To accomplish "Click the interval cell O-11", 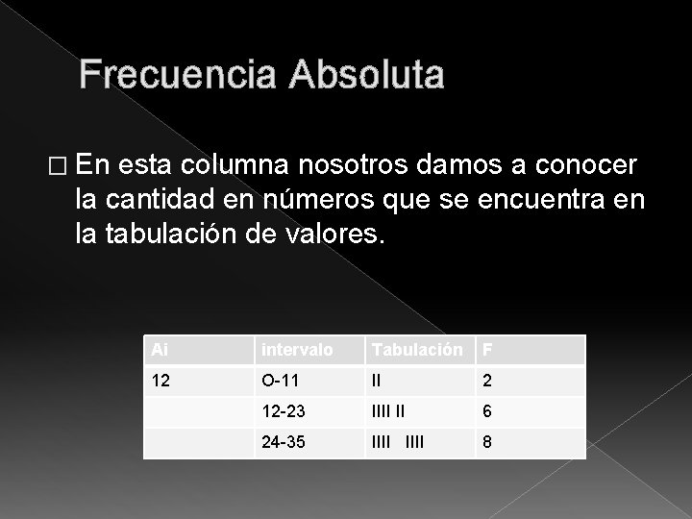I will tap(278, 381).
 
